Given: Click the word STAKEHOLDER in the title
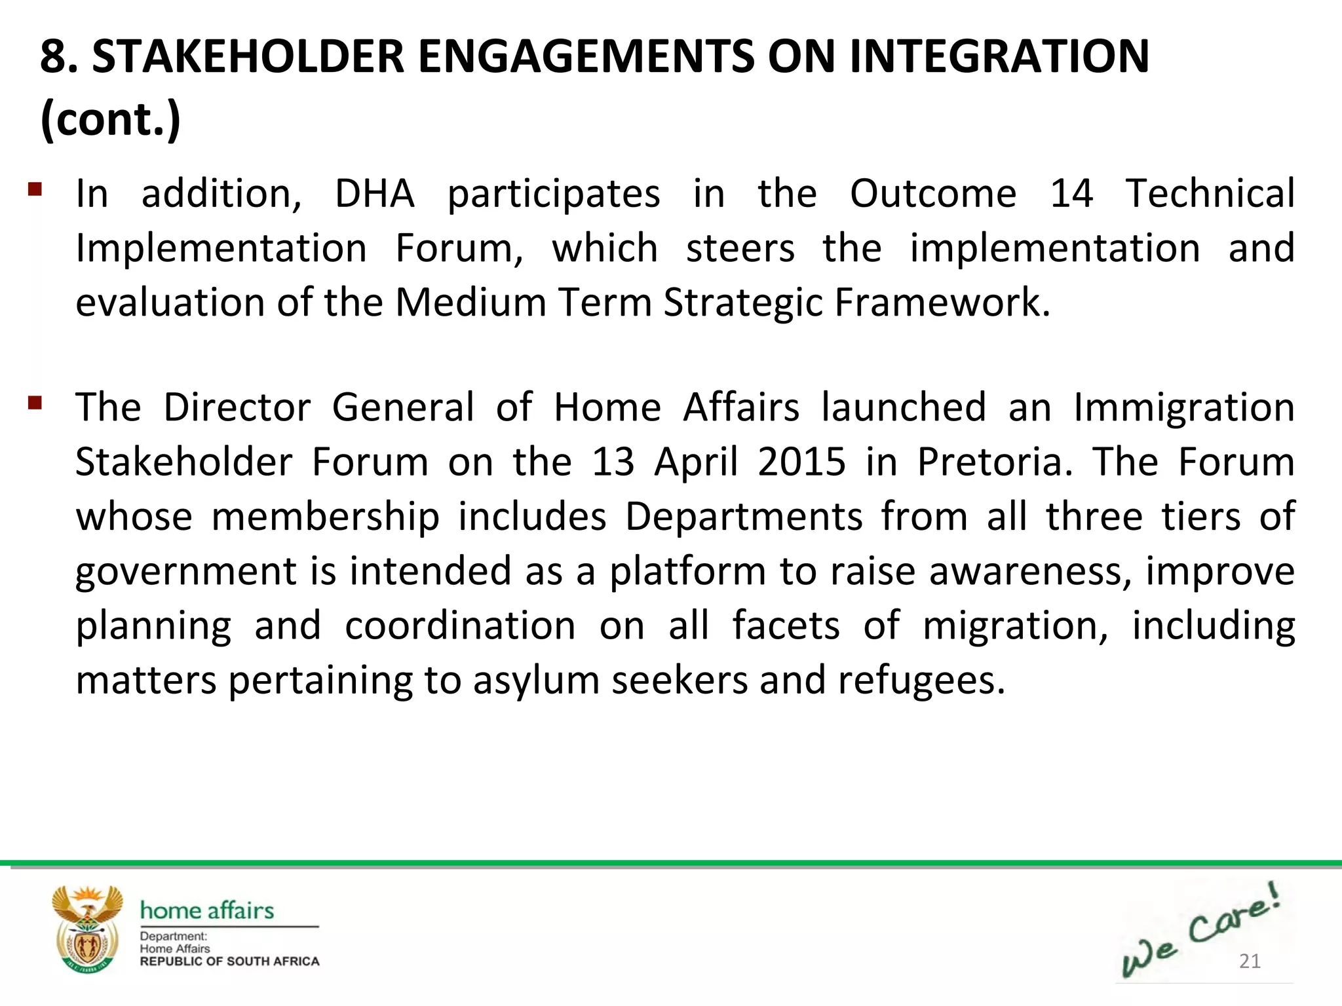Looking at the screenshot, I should pyautogui.click(x=248, y=56).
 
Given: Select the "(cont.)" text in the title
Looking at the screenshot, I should pyautogui.click(x=110, y=119).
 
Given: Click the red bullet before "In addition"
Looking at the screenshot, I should pyautogui.click(x=35, y=190).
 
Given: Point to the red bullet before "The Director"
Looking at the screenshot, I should pyautogui.click(x=35, y=402).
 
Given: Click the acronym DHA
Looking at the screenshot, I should pyautogui.click(x=375, y=194).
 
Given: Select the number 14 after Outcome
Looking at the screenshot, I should pyautogui.click(x=1071, y=194).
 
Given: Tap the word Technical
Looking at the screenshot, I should pyautogui.click(x=1210, y=194).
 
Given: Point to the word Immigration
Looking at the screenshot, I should pyautogui.click(x=1184, y=407).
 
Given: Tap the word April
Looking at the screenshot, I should pyautogui.click(x=697, y=462).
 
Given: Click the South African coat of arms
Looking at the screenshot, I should pyautogui.click(x=88, y=929).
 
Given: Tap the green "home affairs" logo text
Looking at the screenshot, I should pyautogui.click(x=207, y=910).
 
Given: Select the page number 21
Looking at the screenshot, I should pyautogui.click(x=1250, y=961).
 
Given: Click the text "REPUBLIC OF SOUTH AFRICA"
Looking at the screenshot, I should pyautogui.click(x=229, y=961).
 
